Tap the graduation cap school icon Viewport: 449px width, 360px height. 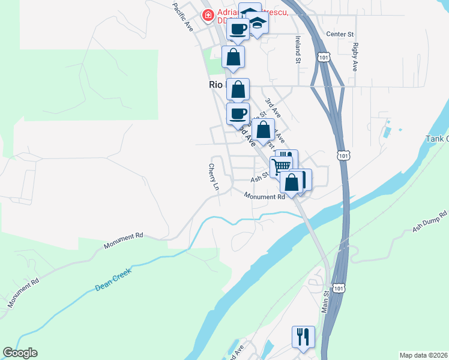point(258,23)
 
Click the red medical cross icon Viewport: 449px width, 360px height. point(208,14)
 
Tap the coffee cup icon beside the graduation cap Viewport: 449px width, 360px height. point(238,29)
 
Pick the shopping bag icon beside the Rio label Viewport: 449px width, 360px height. point(238,89)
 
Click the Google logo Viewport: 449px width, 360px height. point(20,353)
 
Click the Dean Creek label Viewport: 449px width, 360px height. point(113,280)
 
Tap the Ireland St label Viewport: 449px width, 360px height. point(297,49)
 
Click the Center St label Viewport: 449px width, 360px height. point(340,34)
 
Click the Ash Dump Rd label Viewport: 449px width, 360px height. point(430,221)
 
